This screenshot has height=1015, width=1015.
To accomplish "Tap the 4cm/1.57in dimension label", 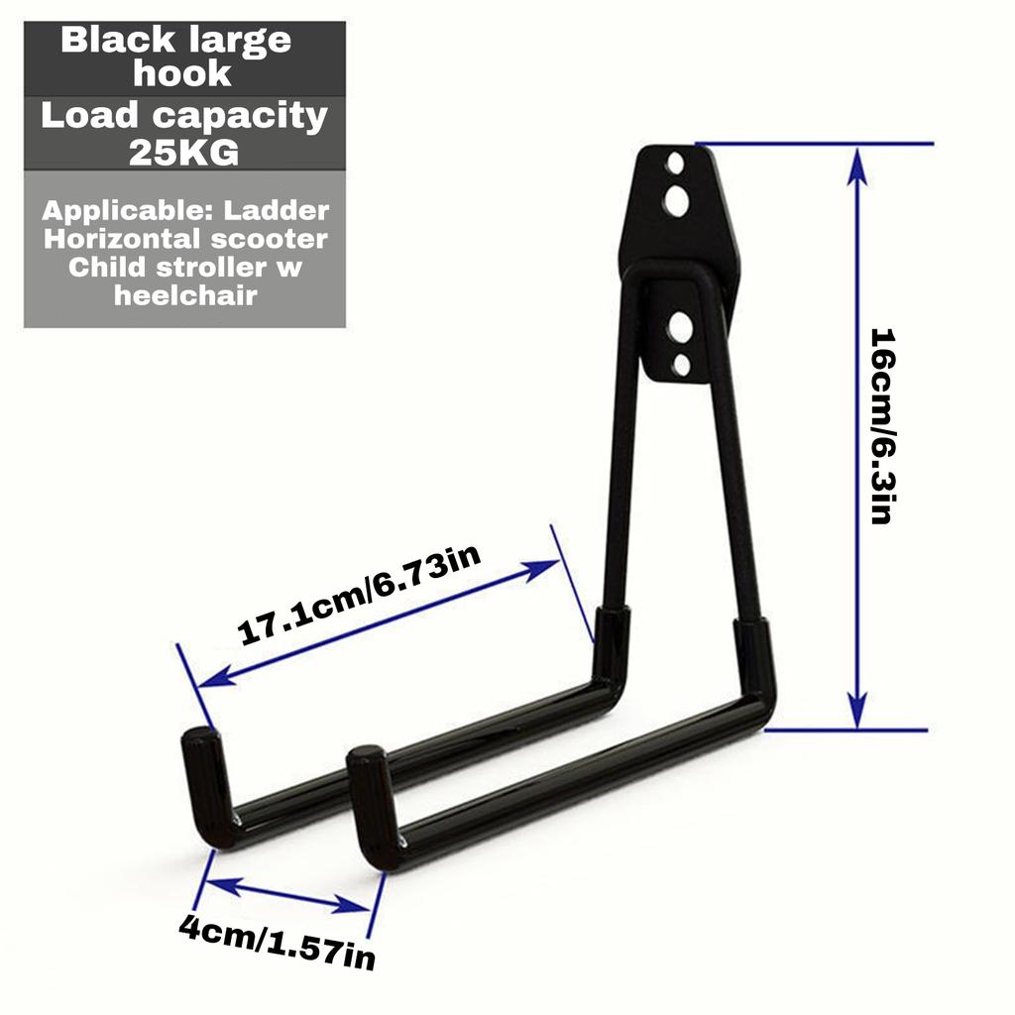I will click(x=277, y=943).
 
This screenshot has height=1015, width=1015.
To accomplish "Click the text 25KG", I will click(x=184, y=154).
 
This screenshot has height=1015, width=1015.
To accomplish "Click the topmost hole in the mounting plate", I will click(x=675, y=162).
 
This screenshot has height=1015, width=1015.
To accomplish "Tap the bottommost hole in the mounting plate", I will click(x=681, y=365).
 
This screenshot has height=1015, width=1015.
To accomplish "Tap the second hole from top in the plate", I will click(x=676, y=201).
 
